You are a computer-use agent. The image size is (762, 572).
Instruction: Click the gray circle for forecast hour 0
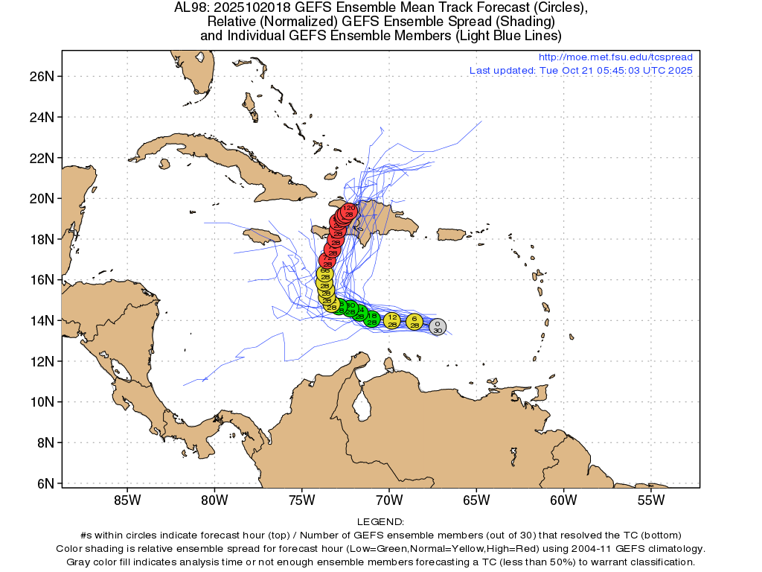click(x=438, y=326)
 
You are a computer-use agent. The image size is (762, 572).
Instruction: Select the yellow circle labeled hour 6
click(x=414, y=322)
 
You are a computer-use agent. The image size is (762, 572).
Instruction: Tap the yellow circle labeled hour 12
click(x=392, y=321)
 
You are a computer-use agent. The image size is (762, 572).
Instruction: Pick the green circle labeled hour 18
click(x=372, y=319)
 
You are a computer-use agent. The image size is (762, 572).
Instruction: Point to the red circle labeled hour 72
click(x=327, y=261)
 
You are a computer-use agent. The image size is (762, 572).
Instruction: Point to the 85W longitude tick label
click(x=127, y=500)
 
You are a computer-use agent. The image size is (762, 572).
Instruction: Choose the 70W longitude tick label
click(x=389, y=500)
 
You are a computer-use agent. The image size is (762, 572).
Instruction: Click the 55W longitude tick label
click(x=651, y=500)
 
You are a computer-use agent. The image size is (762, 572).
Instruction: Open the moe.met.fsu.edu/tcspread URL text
click(x=615, y=57)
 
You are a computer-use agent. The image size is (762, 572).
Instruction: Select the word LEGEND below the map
click(x=380, y=522)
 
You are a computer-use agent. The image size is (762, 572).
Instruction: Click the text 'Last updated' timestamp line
click(x=580, y=71)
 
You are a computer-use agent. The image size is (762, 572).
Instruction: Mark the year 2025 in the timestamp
click(x=681, y=71)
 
